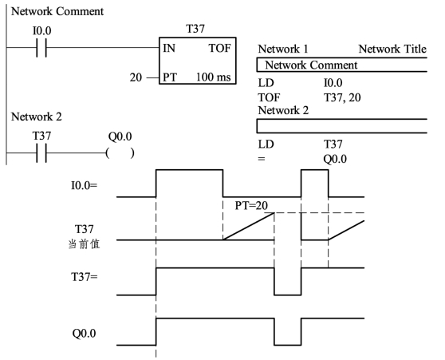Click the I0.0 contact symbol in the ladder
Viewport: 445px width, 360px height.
(41, 48)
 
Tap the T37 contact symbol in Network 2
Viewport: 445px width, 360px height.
(41, 153)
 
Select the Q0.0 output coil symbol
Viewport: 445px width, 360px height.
(120, 153)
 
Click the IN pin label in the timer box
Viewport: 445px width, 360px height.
(169, 49)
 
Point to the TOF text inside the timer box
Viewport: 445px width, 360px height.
(220, 49)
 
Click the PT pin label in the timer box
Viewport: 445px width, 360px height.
(169, 77)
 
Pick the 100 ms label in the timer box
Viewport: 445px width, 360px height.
(214, 77)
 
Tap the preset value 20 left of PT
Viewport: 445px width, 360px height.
(136, 77)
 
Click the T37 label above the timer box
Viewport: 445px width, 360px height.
(195, 29)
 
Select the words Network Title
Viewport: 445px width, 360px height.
(392, 49)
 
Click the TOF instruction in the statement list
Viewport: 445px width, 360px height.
(269, 97)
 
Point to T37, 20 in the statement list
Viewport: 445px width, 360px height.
(342, 98)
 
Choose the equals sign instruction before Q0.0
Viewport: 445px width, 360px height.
(262, 159)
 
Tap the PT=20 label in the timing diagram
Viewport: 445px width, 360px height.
(251, 205)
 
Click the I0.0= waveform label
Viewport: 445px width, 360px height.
(84, 185)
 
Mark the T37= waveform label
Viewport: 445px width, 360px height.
(85, 276)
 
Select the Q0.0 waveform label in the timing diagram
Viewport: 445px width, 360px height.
(84, 334)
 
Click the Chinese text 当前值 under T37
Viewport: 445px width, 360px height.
(84, 244)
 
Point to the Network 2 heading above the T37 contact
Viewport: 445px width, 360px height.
(37, 117)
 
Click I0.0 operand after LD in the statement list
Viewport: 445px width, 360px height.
(333, 83)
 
